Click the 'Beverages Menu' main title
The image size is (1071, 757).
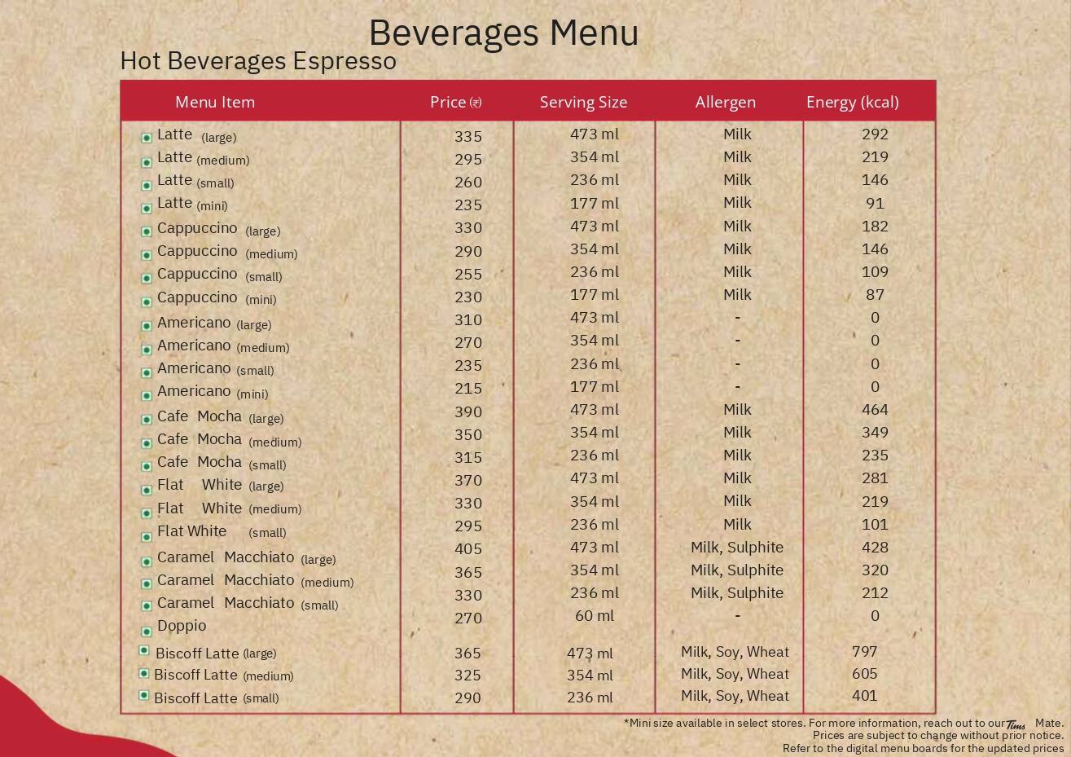[503, 33]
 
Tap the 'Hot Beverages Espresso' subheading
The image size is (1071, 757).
[258, 61]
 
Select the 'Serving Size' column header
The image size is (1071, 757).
[583, 103]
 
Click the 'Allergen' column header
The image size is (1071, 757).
[725, 103]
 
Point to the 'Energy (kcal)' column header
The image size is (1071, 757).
[852, 103]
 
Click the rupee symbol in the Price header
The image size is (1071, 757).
[476, 103]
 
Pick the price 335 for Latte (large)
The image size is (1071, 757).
[468, 137]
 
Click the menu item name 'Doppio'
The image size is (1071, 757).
[182, 626]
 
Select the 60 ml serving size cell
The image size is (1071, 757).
[594, 616]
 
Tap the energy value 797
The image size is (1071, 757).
[864, 652]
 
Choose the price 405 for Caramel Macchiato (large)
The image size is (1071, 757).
[468, 549]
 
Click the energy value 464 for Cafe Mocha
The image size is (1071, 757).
[875, 410]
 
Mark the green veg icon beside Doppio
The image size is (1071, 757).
[147, 631]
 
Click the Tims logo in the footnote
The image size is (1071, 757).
[1016, 724]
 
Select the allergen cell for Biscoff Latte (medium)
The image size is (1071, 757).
[735, 674]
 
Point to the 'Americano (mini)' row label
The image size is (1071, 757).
[213, 392]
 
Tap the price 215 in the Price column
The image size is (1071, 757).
[468, 389]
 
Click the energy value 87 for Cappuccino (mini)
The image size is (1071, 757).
[875, 295]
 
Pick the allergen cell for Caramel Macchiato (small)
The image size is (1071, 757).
[736, 593]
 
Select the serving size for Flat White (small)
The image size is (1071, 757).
[594, 525]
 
